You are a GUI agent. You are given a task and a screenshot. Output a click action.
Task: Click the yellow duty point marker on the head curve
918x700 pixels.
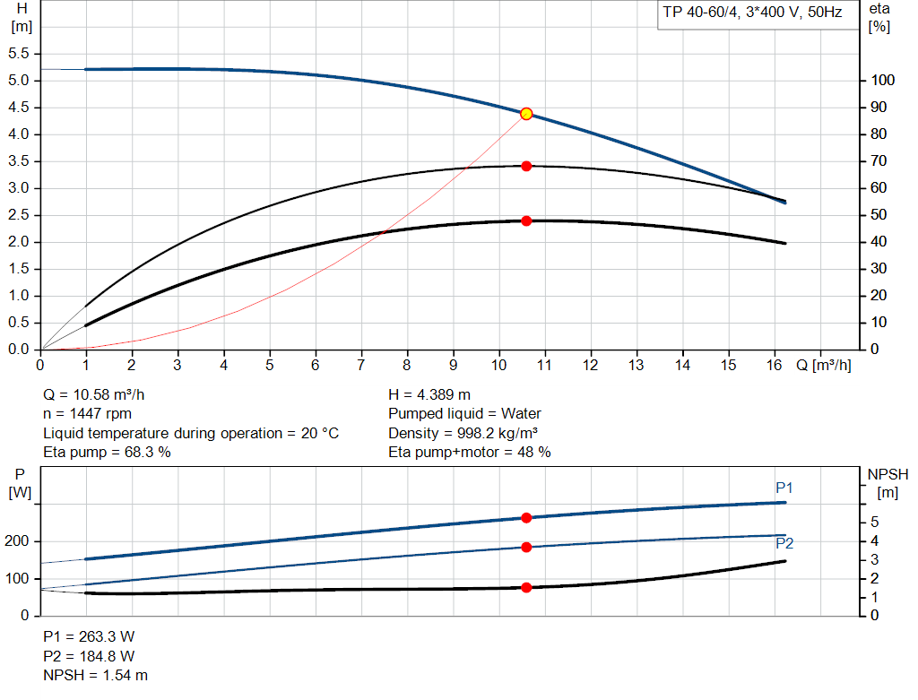pos(526,114)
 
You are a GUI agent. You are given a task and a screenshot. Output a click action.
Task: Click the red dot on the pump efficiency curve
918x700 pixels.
pos(526,166)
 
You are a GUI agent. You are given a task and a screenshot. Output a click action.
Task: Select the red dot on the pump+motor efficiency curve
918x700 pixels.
pos(526,220)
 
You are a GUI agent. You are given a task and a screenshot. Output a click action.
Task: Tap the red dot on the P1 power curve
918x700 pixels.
pos(526,518)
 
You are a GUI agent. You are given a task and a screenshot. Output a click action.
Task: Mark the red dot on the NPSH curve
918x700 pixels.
pos(526,587)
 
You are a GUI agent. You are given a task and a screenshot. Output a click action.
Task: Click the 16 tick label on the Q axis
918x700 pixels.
pos(775,365)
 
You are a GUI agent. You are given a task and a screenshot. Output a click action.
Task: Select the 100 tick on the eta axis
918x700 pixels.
pos(884,81)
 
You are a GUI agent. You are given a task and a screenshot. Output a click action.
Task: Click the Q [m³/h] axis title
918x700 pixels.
pos(824,365)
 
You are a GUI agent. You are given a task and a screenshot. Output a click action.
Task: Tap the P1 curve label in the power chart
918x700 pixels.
pos(784,488)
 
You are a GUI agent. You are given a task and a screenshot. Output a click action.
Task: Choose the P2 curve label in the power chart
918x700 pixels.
pos(784,543)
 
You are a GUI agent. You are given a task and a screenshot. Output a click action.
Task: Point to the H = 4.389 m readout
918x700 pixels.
pos(429,394)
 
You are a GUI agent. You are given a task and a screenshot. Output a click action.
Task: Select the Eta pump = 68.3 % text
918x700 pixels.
pos(108,452)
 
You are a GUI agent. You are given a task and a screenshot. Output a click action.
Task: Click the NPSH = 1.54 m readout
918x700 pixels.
pos(96,675)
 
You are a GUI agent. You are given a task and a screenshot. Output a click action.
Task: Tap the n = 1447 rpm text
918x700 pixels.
pos(88,414)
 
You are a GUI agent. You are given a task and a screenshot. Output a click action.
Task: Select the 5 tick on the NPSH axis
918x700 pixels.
pos(873,523)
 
